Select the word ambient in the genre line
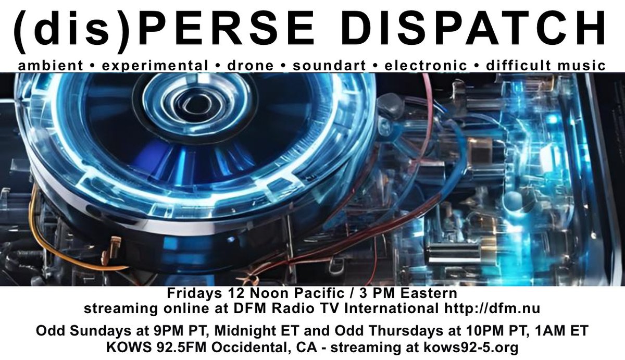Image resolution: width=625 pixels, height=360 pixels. [50, 66]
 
